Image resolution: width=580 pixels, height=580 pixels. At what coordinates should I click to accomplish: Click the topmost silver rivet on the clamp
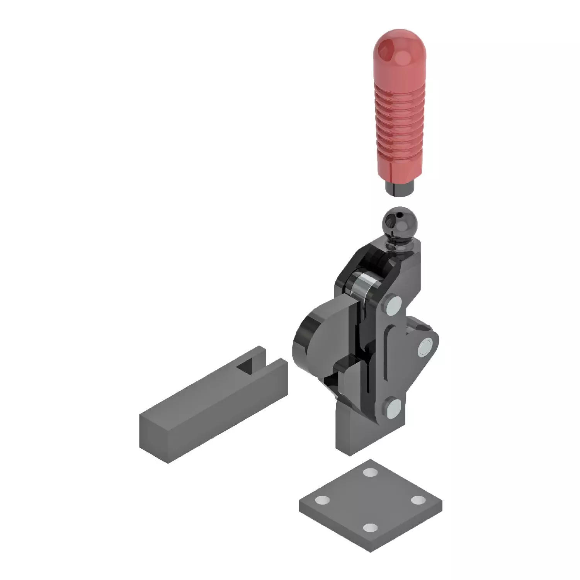click(393, 306)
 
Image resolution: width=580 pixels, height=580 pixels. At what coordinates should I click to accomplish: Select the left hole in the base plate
click(321, 500)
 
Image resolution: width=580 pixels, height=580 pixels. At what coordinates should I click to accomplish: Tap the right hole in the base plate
click(418, 500)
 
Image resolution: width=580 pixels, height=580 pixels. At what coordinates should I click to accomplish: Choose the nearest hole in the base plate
click(371, 528)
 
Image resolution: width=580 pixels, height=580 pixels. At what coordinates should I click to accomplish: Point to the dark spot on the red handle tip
click(387, 50)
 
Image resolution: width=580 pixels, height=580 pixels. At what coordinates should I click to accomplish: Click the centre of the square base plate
click(370, 501)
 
